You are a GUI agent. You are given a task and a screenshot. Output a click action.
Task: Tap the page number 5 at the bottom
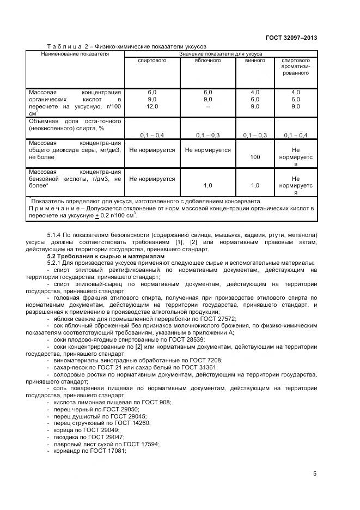pyautogui.click(x=315, y=473)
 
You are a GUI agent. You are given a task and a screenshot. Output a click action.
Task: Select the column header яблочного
pyautogui.click(x=208, y=60)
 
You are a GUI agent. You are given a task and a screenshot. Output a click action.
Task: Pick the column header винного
pyautogui.click(x=254, y=60)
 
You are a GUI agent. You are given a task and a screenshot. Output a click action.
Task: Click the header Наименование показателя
pyautogui.click(x=75, y=54)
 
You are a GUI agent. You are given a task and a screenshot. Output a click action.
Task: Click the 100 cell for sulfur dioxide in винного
pyautogui.click(x=254, y=157)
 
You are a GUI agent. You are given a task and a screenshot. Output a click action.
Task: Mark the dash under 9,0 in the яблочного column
pyautogui.click(x=208, y=107)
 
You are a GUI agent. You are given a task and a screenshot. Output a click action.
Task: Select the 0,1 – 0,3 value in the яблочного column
pyautogui.click(x=208, y=135)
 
